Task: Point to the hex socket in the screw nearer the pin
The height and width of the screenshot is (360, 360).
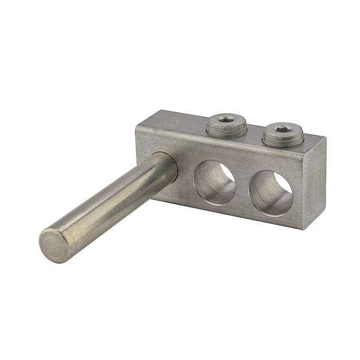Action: [223, 121]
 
